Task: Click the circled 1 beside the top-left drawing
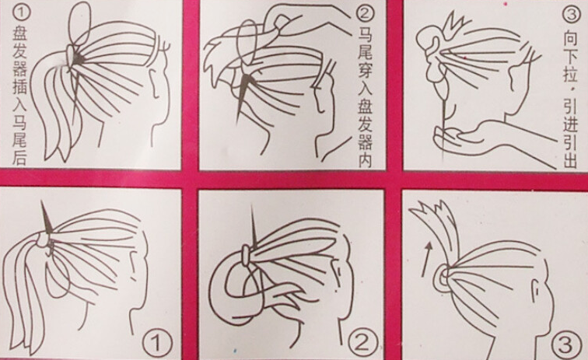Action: (21, 12)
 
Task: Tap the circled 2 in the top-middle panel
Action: (365, 14)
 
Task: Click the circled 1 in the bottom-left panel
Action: (157, 342)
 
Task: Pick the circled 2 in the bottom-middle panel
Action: (362, 342)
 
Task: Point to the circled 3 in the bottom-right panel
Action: (567, 344)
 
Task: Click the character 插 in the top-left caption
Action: (20, 87)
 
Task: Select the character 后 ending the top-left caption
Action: (19, 157)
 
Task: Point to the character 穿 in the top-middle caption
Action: (365, 71)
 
